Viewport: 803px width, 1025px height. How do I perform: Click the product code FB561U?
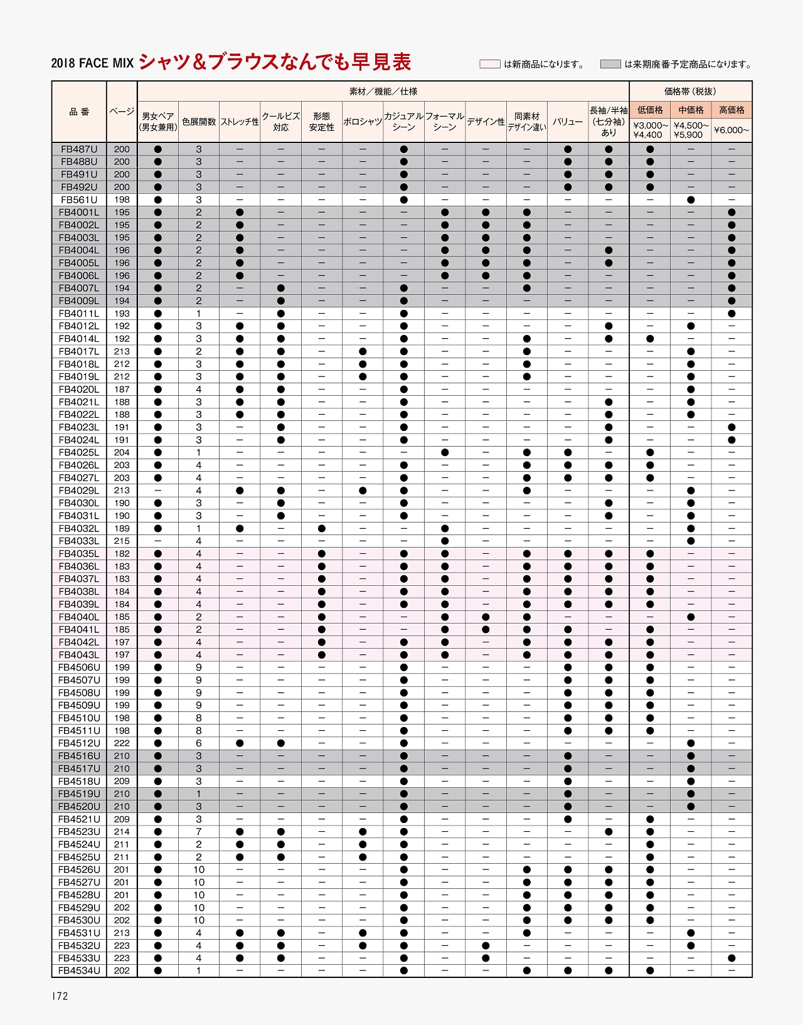79,200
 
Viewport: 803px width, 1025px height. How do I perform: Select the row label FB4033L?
79,541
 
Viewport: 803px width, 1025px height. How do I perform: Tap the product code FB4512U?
79,743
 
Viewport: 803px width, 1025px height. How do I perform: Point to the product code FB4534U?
79,971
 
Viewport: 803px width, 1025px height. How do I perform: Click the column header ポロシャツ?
363,122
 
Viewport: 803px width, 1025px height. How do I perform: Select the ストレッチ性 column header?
240,122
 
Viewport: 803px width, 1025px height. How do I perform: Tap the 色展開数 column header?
199,122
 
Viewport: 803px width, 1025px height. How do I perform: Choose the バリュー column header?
568,122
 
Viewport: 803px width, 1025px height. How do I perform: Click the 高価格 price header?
731,110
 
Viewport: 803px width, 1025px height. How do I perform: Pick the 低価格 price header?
650,110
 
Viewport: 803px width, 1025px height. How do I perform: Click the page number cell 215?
122,541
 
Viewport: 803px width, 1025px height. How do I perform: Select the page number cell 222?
122,743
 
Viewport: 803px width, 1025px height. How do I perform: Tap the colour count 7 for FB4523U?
199,832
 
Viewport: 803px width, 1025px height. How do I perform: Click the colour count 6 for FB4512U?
199,743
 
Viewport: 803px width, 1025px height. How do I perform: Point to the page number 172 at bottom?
60,996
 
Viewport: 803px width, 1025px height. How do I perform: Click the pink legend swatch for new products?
489,64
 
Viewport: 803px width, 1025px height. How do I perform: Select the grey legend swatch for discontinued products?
610,64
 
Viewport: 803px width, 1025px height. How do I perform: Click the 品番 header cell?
79,112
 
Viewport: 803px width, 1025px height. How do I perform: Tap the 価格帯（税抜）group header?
690,92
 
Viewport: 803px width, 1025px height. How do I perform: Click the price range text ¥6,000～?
731,130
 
